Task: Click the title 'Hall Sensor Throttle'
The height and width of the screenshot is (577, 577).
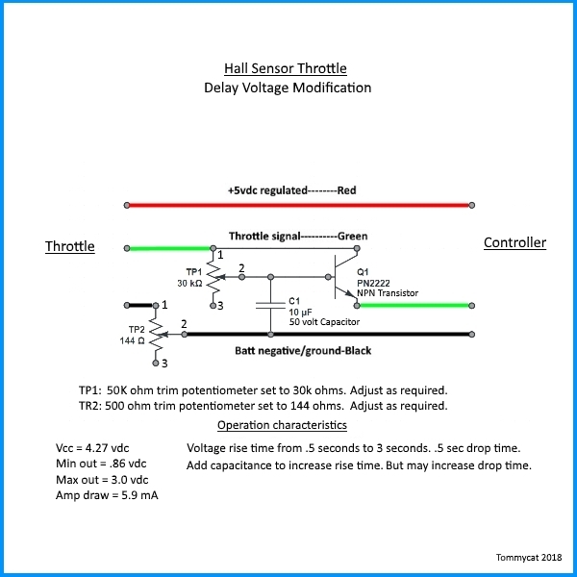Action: [x=286, y=68]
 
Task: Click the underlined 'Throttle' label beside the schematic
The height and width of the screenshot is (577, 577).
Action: [x=70, y=246]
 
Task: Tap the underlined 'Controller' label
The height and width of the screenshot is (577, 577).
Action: [x=514, y=242]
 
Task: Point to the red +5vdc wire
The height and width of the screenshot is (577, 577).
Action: [x=299, y=205]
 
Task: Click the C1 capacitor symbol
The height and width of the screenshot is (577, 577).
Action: [x=270, y=305]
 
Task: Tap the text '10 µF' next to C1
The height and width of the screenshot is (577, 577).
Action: [x=300, y=313]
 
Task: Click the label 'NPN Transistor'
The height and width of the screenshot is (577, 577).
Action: [x=388, y=293]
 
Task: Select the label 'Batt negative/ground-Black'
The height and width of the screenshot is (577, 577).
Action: [x=303, y=351]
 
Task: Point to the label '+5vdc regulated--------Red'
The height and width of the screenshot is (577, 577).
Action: [x=291, y=190]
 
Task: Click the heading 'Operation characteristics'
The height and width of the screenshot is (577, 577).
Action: [x=282, y=425]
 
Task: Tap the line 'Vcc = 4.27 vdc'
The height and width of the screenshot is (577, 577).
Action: [x=92, y=448]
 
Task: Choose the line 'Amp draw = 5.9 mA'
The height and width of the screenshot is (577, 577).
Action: [x=107, y=495]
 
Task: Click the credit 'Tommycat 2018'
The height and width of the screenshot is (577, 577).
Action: [x=529, y=558]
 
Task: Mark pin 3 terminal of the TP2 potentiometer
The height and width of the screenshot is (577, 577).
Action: [x=156, y=364]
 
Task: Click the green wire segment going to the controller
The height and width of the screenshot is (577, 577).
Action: [x=414, y=306]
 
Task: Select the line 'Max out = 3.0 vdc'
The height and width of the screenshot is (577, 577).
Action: [x=102, y=480]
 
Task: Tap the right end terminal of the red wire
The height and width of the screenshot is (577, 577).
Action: [x=472, y=205]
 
